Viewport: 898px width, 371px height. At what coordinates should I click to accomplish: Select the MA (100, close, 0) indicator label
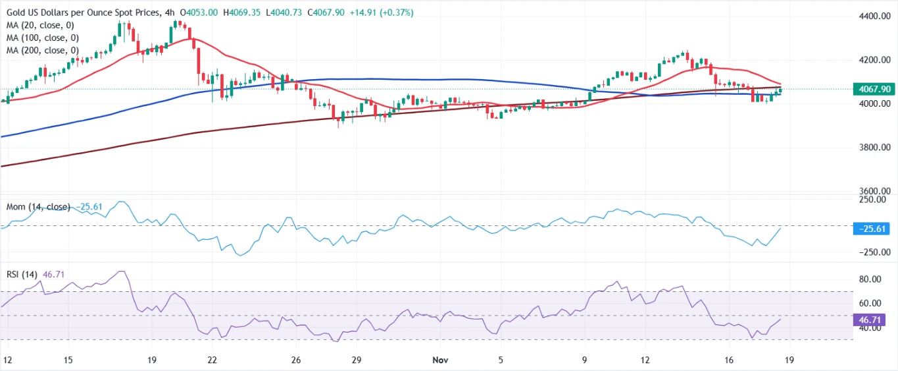click(x=43, y=38)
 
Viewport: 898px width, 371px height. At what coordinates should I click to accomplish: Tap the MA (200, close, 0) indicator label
click(x=43, y=50)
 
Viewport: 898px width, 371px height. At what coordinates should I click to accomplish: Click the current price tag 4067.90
click(x=871, y=89)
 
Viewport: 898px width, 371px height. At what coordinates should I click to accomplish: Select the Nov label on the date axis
click(x=441, y=360)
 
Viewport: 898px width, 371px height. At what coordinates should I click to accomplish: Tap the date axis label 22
click(x=212, y=360)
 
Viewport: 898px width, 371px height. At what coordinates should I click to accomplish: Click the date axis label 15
click(x=68, y=360)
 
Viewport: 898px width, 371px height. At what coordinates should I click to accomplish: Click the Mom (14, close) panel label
click(x=37, y=207)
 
